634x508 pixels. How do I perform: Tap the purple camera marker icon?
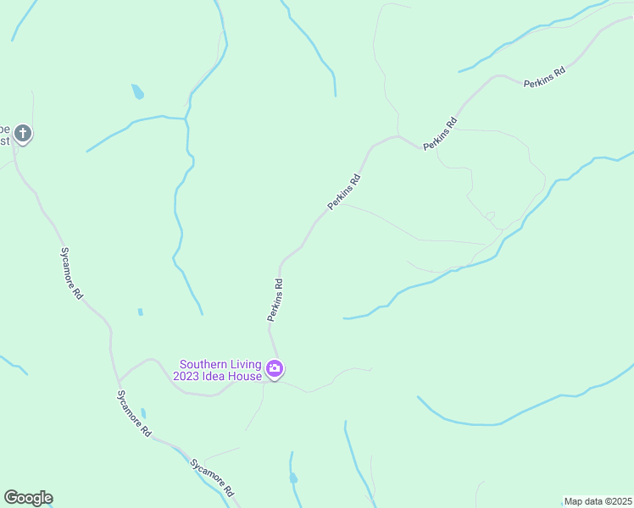pyautogui.click(x=275, y=368)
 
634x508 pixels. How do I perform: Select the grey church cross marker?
pyautogui.click(x=23, y=133)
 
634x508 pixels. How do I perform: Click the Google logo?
pyautogui.click(x=28, y=498)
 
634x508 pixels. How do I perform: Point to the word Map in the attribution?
pyautogui.click(x=574, y=501)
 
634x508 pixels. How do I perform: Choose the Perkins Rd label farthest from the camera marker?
pyautogui.click(x=544, y=78)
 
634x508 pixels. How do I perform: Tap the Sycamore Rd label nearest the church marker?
pyautogui.click(x=71, y=273)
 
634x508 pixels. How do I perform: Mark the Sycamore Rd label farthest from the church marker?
pyautogui.click(x=212, y=478)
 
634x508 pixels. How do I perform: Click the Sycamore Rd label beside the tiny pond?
pyautogui.click(x=134, y=414)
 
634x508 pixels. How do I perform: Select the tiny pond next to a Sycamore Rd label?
pyautogui.click(x=143, y=413)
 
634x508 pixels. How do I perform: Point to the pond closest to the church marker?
pyautogui.click(x=137, y=91)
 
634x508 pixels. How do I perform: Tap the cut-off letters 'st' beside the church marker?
pyautogui.click(x=4, y=141)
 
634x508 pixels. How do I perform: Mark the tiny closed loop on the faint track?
pyautogui.click(x=489, y=215)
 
